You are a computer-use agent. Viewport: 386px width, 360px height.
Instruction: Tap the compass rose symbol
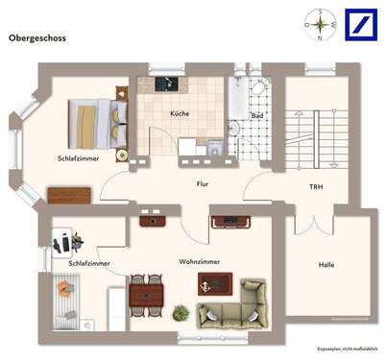316,20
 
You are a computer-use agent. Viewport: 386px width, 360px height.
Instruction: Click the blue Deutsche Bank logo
352,20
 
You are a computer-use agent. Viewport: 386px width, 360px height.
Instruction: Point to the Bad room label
256,116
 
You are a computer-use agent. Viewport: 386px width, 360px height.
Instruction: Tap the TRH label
315,186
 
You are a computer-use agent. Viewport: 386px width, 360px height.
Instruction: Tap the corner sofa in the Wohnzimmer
235,306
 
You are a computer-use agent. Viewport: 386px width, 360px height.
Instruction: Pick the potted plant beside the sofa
180,312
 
